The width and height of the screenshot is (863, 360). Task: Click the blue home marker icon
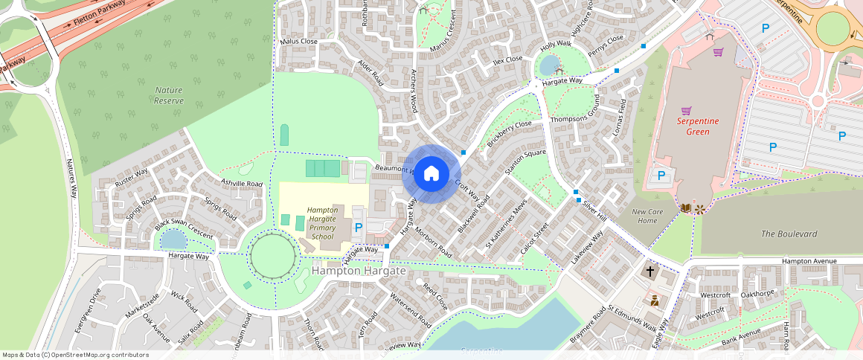(431, 174)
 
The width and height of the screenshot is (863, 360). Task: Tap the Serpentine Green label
(693, 126)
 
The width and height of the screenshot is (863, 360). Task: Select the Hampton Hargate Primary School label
(322, 223)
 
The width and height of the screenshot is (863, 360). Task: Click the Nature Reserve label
(168, 94)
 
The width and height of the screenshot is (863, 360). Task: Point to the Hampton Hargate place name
(359, 271)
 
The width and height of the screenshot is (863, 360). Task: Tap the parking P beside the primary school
(359, 228)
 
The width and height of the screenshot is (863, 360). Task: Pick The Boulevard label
(789, 234)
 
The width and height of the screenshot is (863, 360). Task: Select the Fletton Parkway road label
(99, 14)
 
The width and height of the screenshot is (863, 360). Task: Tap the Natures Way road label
(71, 178)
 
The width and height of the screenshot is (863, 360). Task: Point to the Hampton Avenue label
(809, 261)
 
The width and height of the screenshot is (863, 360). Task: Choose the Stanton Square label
(525, 162)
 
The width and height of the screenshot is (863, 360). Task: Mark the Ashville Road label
(242, 182)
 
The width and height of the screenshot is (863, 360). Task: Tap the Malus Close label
(298, 42)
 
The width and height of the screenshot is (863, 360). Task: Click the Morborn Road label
(434, 241)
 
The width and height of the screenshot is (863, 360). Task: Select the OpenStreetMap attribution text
(75, 355)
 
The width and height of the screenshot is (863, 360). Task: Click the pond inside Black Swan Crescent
(173, 239)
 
